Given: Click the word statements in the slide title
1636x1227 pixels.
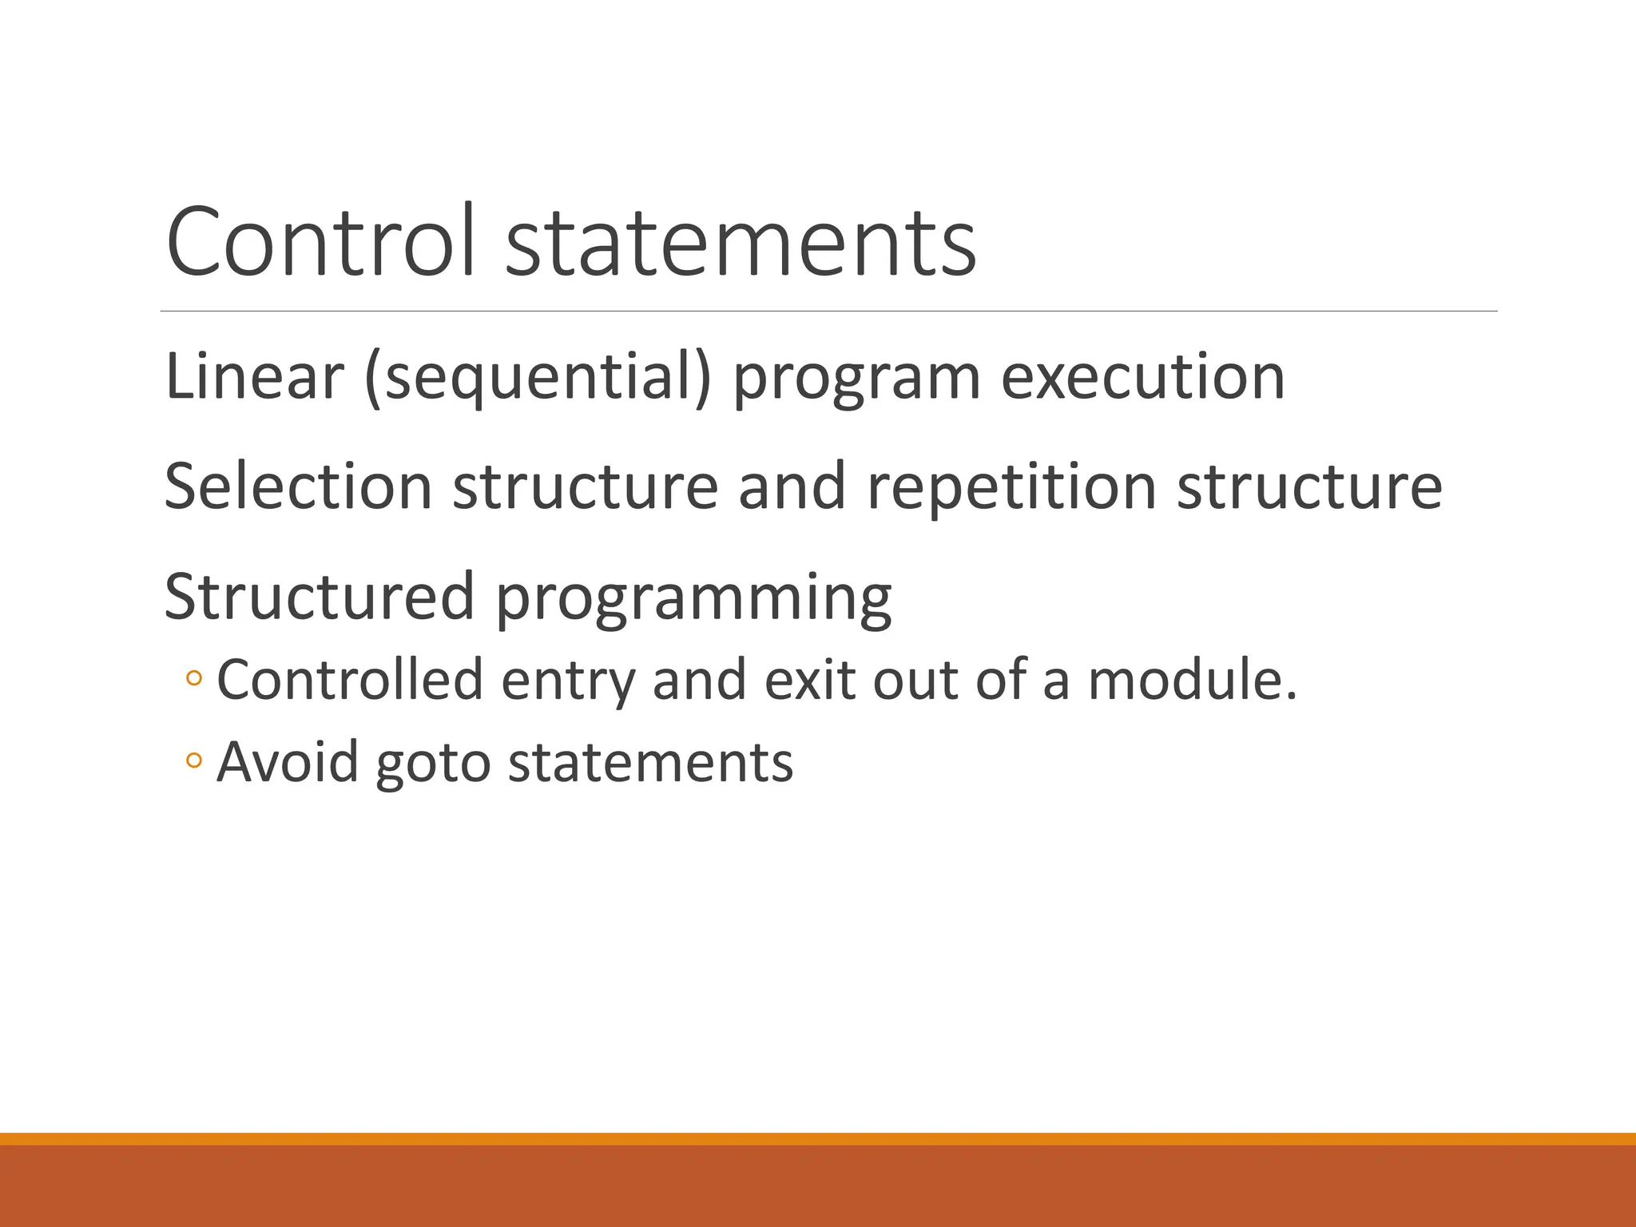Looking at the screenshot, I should [741, 241].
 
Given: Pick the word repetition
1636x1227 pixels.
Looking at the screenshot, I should [1011, 487].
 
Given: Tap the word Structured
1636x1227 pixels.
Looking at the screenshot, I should [320, 596].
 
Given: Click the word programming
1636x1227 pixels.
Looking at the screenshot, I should [693, 599].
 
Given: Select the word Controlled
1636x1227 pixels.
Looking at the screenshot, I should [350, 680].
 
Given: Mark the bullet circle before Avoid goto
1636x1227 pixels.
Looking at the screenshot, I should [194, 760].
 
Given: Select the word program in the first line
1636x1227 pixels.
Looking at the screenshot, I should [856, 379].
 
